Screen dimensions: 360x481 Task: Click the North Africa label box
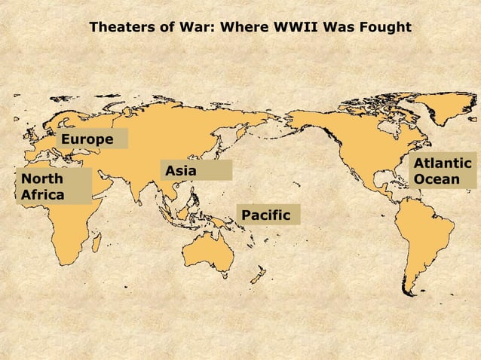point(54,187)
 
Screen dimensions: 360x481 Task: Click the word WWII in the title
point(299,27)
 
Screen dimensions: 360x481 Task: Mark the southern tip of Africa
point(67,262)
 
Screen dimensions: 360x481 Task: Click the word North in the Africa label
point(42,179)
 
